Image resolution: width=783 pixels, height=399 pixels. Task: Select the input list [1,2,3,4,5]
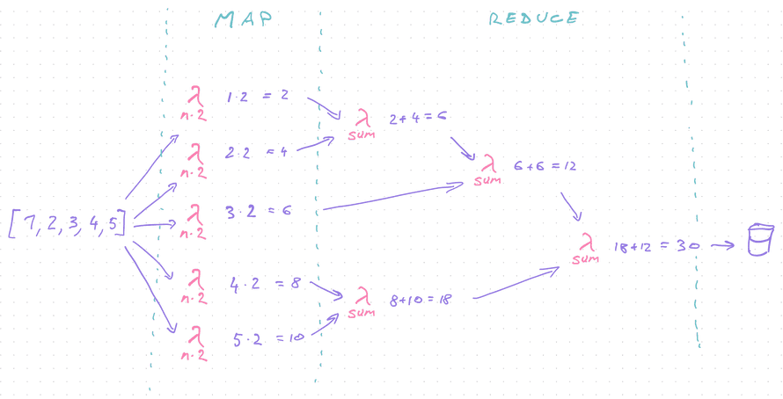pos(67,225)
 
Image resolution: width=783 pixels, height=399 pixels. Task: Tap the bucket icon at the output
pos(757,241)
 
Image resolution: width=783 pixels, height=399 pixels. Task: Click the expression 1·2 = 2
pos(257,96)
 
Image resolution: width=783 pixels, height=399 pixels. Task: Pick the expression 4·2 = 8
pos(265,284)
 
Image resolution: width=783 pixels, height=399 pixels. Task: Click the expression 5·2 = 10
pos(266,337)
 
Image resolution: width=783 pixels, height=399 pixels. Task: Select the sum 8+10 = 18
pos(420,300)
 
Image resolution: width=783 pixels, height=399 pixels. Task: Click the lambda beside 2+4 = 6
pos(361,120)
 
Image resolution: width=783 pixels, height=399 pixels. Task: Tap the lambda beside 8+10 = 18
pos(362,298)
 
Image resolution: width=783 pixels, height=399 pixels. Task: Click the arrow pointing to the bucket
pos(724,245)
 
